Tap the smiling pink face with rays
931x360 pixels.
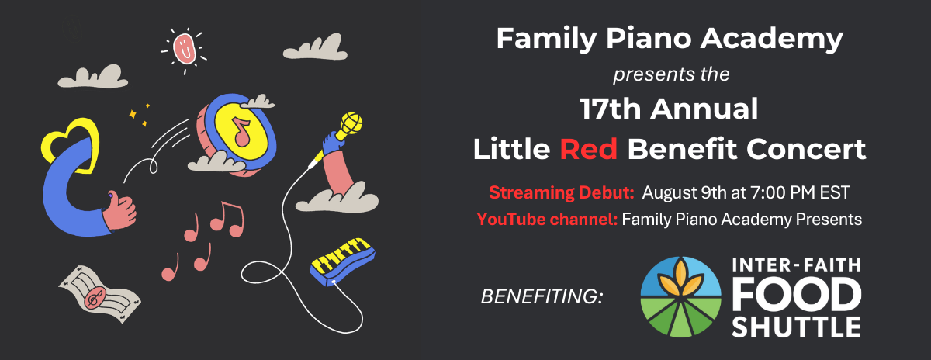(x=184, y=47)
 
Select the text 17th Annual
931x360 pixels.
(x=668, y=109)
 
